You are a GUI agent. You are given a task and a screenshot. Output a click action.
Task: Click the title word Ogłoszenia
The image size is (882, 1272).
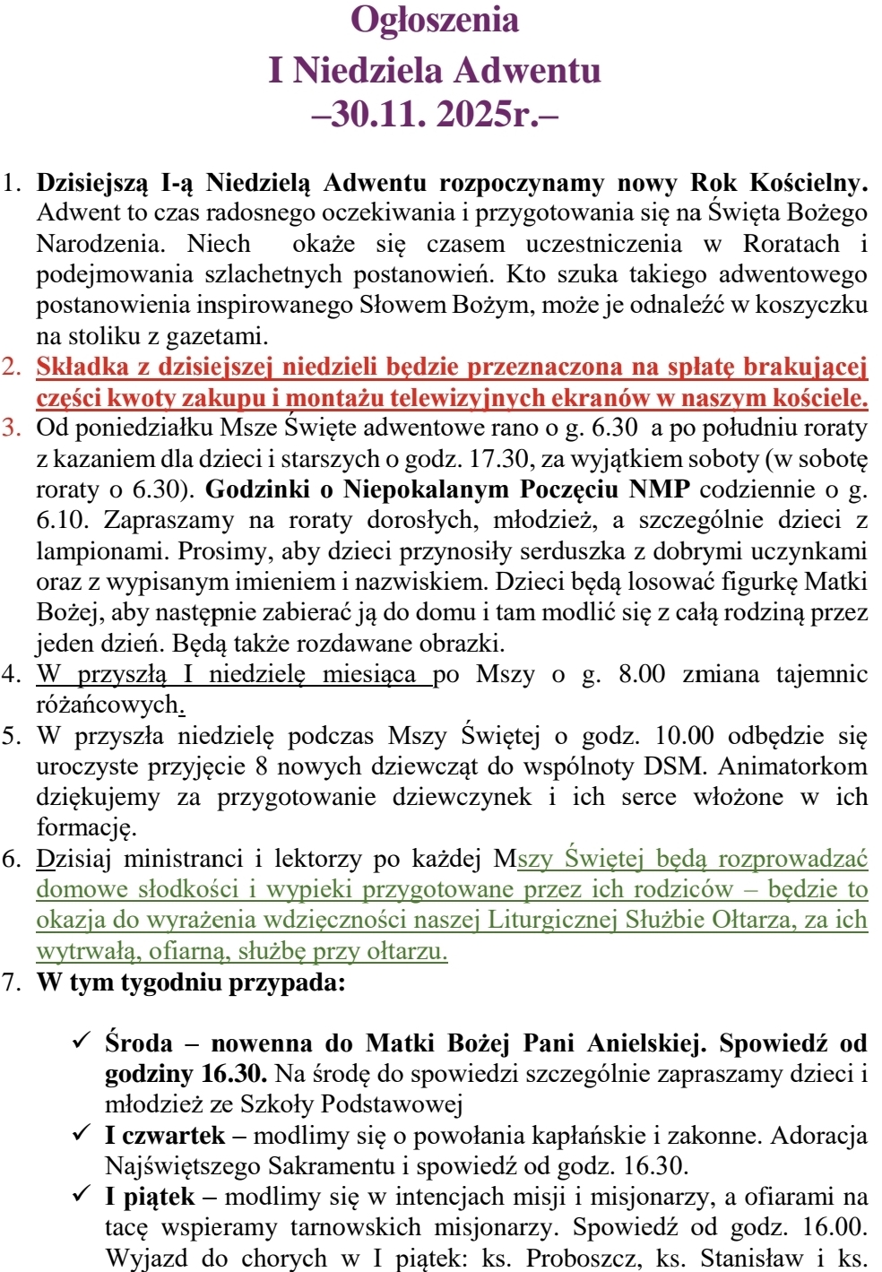(x=435, y=21)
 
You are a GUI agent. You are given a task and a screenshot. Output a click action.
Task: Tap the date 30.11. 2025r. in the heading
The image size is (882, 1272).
(x=435, y=114)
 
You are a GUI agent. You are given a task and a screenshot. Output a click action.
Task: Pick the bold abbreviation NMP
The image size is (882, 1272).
(x=659, y=489)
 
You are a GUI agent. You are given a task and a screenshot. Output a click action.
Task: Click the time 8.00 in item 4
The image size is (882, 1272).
(x=642, y=674)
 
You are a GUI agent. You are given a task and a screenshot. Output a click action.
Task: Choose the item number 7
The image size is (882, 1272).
(x=12, y=982)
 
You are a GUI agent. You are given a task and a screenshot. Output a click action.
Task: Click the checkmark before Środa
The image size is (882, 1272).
(x=82, y=1042)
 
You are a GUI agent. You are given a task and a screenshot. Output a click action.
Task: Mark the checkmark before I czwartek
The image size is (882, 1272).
(x=82, y=1134)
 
